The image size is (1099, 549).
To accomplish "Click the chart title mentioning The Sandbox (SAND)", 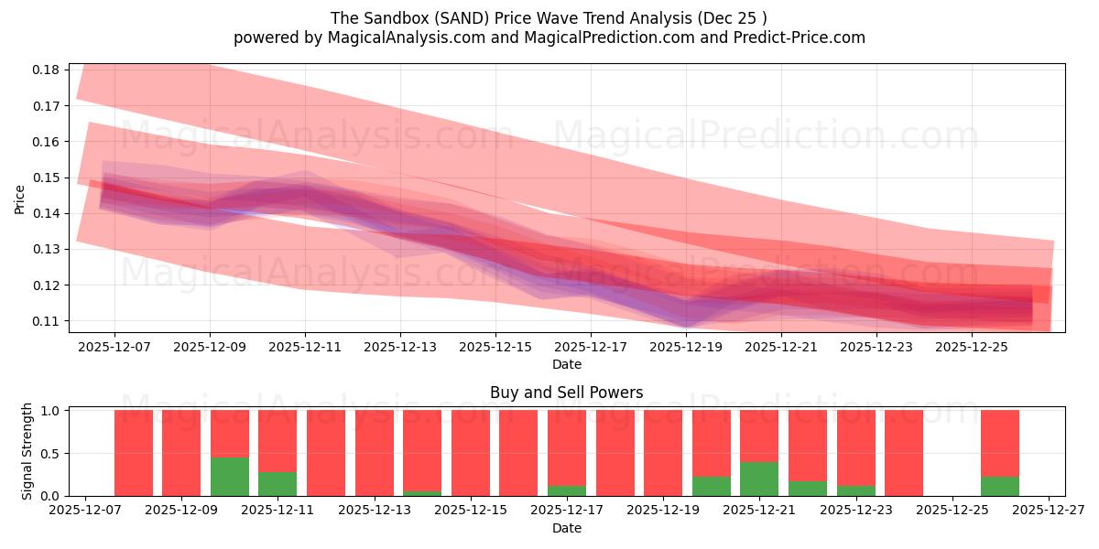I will click(549, 17).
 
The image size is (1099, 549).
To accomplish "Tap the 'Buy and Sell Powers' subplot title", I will click(566, 393).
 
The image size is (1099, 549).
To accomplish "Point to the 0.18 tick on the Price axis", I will click(47, 70).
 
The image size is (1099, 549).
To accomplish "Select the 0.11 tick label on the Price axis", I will click(47, 321).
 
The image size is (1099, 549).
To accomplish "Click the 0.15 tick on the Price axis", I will click(47, 178).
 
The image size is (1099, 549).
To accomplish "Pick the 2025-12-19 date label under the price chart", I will click(686, 348).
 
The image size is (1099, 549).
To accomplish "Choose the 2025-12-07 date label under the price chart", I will click(114, 348).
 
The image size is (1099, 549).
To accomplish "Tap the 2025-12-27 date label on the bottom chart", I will click(1049, 511).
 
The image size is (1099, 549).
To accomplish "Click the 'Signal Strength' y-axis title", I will click(27, 451).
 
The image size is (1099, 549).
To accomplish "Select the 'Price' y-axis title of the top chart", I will click(20, 199).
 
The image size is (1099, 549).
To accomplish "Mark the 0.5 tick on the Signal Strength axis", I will click(50, 454).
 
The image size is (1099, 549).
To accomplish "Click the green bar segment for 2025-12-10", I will click(230, 476).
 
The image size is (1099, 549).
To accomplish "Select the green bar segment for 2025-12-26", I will click(999, 486).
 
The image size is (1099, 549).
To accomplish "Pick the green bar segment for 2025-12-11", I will click(277, 483).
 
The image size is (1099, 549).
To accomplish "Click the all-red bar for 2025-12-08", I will click(134, 453).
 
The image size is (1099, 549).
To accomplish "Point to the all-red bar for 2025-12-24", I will click(903, 453).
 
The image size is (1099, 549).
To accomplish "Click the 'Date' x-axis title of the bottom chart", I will click(566, 528).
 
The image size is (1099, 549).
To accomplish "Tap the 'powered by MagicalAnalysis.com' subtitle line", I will click(549, 38).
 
